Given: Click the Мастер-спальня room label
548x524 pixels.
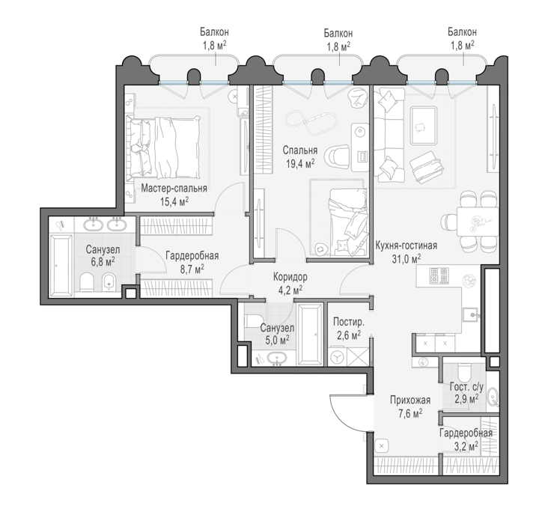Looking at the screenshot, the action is (x=174, y=189).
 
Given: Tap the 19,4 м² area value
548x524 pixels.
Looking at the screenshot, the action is (x=300, y=164).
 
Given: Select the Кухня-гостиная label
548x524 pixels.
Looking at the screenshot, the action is (x=406, y=246).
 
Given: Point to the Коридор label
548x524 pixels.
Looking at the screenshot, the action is (x=290, y=277).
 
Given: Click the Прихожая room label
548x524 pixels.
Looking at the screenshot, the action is (x=410, y=400).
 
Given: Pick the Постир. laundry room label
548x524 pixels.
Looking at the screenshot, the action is (x=349, y=322).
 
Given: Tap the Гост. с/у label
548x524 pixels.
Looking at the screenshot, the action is (x=466, y=387).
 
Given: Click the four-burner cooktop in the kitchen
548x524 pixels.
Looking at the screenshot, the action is (x=439, y=275).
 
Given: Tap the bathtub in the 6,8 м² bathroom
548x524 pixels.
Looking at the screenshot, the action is (x=61, y=265).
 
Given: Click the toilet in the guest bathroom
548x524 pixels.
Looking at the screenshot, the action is (x=465, y=373).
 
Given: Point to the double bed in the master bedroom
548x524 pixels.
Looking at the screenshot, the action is (x=164, y=147).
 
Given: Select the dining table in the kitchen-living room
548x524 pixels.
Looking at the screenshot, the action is (x=478, y=222).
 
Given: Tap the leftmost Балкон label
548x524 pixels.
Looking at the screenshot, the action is (x=214, y=32).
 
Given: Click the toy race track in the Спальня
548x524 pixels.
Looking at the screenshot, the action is (x=311, y=122).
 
